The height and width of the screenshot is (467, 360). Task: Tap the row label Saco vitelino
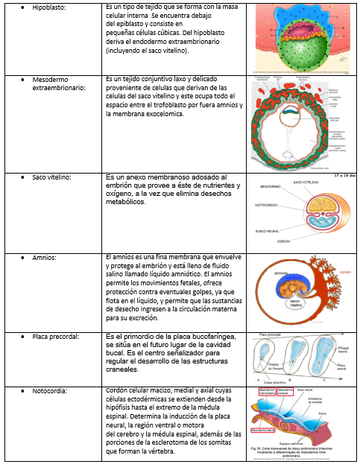click(x=53, y=177)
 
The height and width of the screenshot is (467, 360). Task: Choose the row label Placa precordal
click(x=57, y=337)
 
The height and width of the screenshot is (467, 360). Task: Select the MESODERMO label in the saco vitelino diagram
click(x=271, y=186)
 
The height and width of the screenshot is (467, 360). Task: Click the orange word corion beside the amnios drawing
click(x=345, y=273)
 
